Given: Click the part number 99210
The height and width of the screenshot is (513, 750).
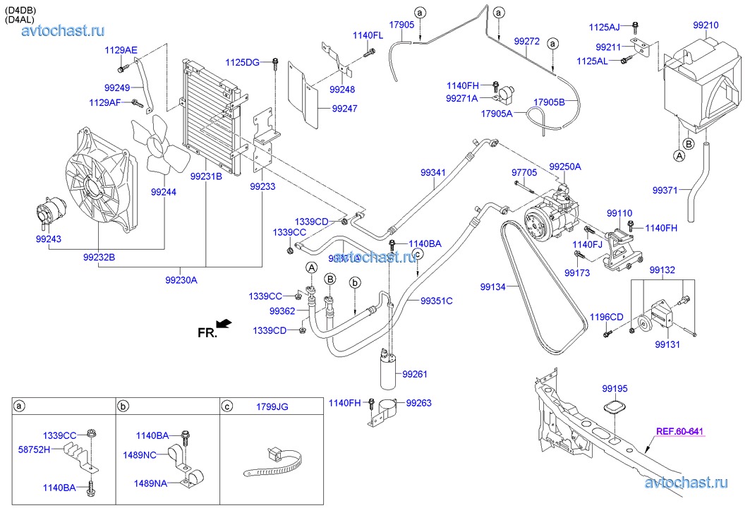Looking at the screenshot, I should (x=706, y=25).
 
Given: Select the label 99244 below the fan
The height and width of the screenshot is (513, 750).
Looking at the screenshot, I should (x=164, y=191).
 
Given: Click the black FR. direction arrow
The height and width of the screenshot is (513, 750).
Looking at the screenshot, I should (x=224, y=323).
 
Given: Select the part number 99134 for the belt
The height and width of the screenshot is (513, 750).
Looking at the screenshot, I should (x=494, y=286).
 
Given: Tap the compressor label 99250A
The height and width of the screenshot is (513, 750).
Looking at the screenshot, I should (x=565, y=167).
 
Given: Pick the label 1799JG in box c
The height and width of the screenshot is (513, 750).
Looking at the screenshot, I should (x=273, y=406).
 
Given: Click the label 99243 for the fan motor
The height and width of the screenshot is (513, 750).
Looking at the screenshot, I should (x=48, y=240).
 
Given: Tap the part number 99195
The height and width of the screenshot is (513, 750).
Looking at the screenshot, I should (x=614, y=388).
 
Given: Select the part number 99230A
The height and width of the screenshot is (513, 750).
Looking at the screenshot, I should (x=181, y=280).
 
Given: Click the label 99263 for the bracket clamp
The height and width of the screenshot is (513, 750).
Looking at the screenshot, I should (x=418, y=403).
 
